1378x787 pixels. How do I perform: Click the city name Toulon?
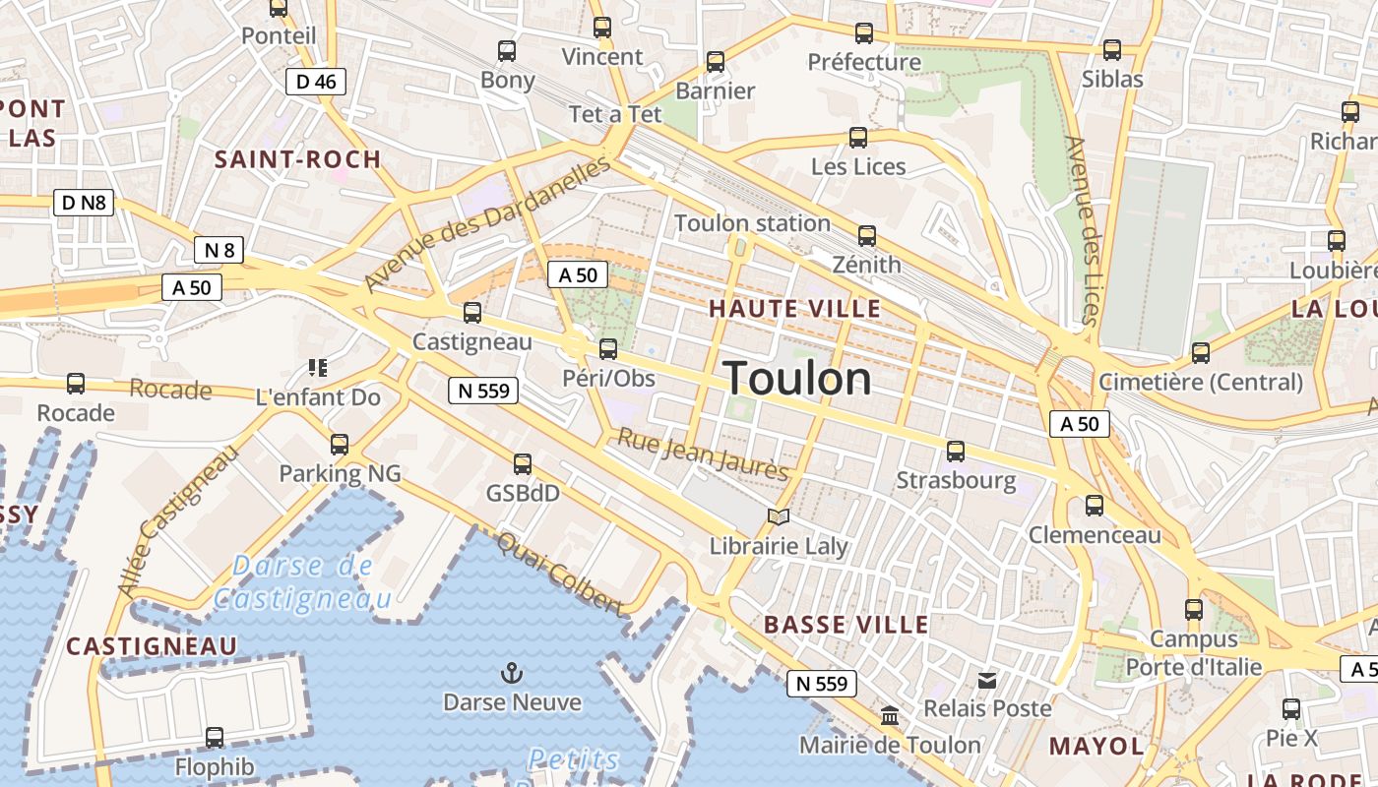pyautogui.click(x=797, y=380)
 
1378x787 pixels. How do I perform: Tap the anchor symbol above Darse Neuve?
pyautogui.click(x=511, y=674)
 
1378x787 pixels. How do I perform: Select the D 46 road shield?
pyautogui.click(x=316, y=82)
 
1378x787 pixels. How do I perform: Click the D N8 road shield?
pyautogui.click(x=84, y=204)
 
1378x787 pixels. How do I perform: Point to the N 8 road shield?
pyautogui.click(x=219, y=250)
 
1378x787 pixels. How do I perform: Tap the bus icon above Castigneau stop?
pyautogui.click(x=472, y=313)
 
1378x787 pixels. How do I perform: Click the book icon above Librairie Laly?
pyautogui.click(x=779, y=516)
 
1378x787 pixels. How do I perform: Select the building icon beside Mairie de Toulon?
pyautogui.click(x=890, y=715)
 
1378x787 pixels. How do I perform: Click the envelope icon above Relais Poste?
pyautogui.click(x=987, y=680)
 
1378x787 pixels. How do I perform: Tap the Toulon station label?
pyautogui.click(x=752, y=223)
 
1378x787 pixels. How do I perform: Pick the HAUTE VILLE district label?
pyautogui.click(x=795, y=309)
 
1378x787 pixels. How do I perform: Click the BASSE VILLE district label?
pyautogui.click(x=846, y=625)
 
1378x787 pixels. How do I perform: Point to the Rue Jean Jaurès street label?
pyautogui.click(x=703, y=455)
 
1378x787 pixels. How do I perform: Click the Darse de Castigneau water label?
pyautogui.click(x=303, y=581)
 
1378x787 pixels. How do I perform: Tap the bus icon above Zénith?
pyautogui.click(x=866, y=236)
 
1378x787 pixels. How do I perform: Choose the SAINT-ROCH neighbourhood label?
pyautogui.click(x=297, y=159)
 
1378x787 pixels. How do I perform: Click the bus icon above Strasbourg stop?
pyautogui.click(x=955, y=452)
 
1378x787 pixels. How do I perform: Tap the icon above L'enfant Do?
pyautogui.click(x=317, y=368)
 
